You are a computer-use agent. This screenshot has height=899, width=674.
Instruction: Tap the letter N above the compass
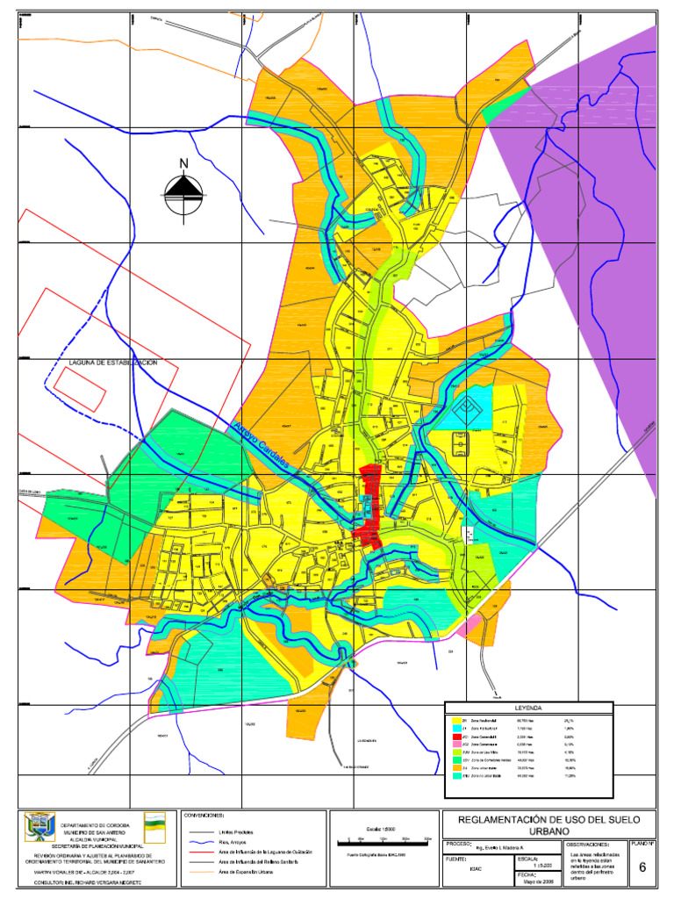point(183,163)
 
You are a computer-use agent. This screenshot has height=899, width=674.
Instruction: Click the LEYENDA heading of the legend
point(527,707)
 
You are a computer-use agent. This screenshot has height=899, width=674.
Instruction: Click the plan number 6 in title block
point(642,868)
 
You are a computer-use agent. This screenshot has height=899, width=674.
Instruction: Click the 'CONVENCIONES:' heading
point(206,816)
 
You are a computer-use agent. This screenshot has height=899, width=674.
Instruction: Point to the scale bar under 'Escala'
point(384,840)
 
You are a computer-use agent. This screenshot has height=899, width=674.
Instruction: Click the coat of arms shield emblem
point(40,826)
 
